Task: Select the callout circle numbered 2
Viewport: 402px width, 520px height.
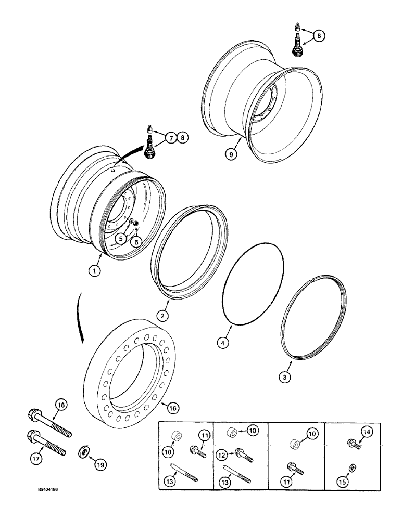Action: point(163,315)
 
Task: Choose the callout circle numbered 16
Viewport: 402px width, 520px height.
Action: point(173,409)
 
